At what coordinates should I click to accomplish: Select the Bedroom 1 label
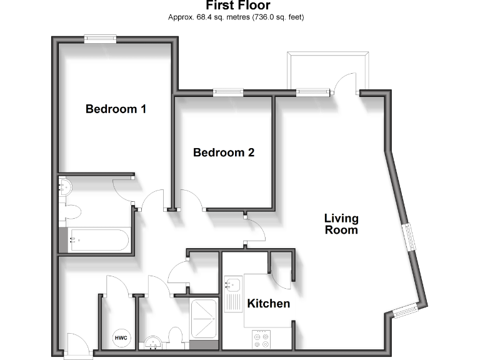click(x=116, y=109)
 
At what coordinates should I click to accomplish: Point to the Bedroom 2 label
click(x=224, y=152)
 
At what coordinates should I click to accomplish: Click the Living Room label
click(x=341, y=224)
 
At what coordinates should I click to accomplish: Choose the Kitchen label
click(x=269, y=304)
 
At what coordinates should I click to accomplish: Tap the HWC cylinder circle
click(x=121, y=338)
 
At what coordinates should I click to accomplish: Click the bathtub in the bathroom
click(x=99, y=239)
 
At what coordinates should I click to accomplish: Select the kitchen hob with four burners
click(x=261, y=339)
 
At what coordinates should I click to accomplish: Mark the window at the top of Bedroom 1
click(x=101, y=39)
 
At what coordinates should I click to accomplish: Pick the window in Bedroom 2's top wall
click(x=228, y=92)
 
